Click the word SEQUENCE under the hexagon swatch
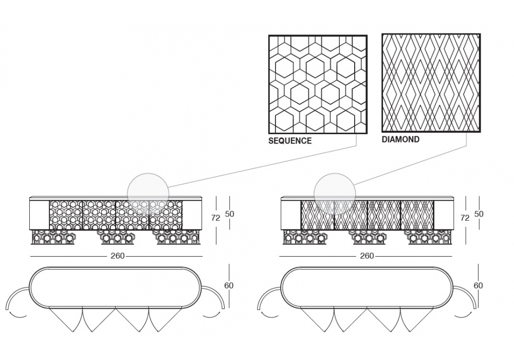tap(290, 140)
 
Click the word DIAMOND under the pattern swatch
tap(400, 139)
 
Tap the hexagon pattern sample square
tap(318, 84)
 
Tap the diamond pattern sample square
tap(431, 83)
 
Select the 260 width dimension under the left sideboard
tap(117, 256)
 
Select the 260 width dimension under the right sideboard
tap(366, 256)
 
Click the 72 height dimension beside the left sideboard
tap(215, 218)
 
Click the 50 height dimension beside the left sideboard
tap(229, 213)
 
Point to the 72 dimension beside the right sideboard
tap(465, 218)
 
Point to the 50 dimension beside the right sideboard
tap(479, 213)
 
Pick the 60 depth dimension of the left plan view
tap(229, 285)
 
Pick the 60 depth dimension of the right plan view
tap(478, 285)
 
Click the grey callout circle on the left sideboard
tap(148, 194)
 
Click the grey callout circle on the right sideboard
tap(335, 194)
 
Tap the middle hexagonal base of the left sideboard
tap(117, 237)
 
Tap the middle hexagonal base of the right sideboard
tap(366, 237)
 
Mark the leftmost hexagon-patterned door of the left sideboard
tap(66, 215)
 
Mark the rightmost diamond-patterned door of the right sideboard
tap(417, 215)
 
